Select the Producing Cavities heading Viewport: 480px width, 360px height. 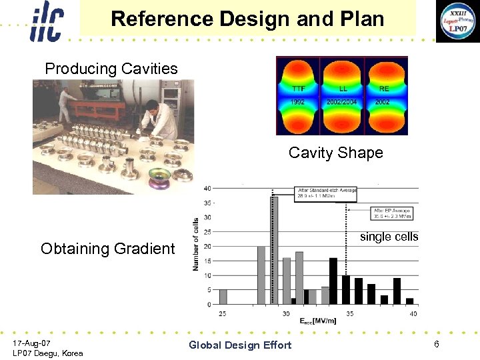coord(111,69)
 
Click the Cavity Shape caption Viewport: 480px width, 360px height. coord(335,153)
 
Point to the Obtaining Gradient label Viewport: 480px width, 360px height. coord(107,249)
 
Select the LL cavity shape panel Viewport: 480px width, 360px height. coord(343,95)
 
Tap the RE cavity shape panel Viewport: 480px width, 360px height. coord(383,95)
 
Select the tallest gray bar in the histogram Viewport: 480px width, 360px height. coord(273,250)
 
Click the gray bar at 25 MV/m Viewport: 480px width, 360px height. coord(223,297)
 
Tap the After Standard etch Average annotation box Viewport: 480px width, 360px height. coord(327,192)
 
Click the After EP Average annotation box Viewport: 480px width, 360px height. coord(392,213)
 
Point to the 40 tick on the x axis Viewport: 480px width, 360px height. coord(413,314)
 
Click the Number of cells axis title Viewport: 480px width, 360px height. coord(196,243)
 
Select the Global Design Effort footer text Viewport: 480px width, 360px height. coord(240,345)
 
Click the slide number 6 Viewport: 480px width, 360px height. coord(436,344)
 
